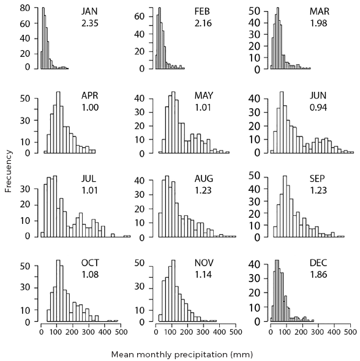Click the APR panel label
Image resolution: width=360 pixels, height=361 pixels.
click(91, 96)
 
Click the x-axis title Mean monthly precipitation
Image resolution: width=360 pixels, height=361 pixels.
click(181, 354)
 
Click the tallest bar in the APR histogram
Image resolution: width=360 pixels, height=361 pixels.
click(58, 122)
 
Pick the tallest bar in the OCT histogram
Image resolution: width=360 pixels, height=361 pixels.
click(58, 291)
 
